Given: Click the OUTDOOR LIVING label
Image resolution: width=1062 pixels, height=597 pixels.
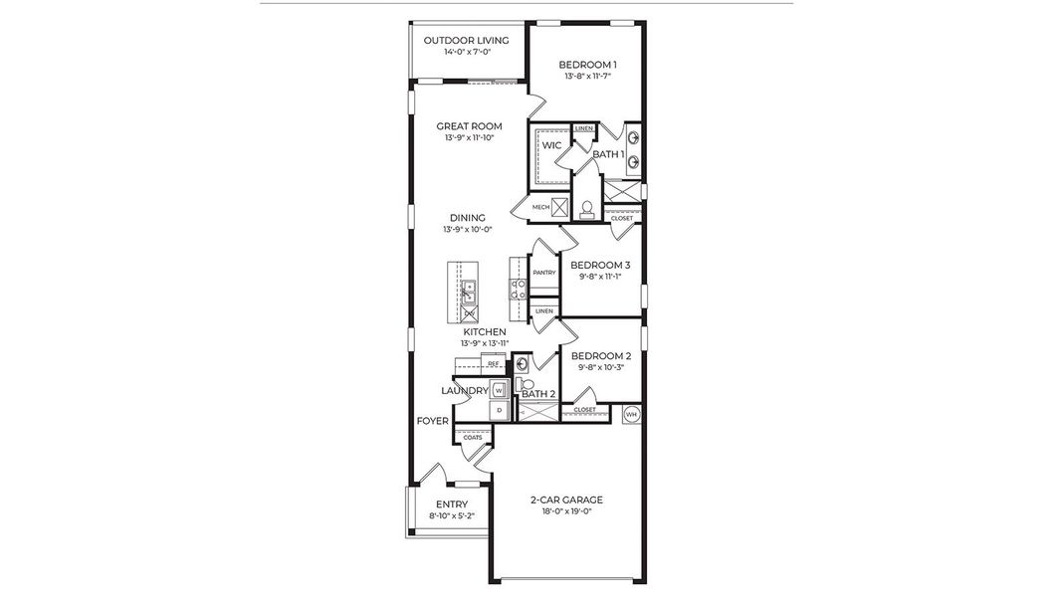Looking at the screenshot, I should pos(466,41).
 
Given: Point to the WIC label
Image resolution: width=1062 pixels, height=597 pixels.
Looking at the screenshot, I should pos(551,145).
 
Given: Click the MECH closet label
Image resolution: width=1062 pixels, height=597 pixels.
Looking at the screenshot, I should pos(540,207).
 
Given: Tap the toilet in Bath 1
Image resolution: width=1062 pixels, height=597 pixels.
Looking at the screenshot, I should pos(587,208).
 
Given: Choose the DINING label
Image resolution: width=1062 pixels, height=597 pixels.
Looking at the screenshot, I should pos(467,218).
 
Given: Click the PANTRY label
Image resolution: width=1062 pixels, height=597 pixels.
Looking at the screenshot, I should pos(543,272).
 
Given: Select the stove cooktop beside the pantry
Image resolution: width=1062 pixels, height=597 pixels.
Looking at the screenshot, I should pos(519,289).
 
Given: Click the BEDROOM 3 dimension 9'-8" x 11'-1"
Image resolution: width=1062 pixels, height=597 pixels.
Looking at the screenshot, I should pos(600,277).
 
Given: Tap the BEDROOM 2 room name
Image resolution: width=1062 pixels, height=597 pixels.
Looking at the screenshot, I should pos(600,355).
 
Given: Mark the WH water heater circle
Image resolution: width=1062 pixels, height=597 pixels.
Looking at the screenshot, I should pos(631,413).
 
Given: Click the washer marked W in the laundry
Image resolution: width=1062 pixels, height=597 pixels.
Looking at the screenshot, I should pos(499,390).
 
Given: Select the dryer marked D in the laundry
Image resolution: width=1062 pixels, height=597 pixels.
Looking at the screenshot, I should pos(499,411).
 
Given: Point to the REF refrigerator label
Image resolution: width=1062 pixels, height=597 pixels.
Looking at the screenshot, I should pos(493,364).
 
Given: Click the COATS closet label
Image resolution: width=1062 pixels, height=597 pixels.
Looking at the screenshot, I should pos(473,437).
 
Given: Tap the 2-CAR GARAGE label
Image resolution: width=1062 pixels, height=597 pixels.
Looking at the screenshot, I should pos(567,499).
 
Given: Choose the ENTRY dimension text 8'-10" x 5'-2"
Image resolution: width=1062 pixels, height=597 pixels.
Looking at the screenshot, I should pos(451,516).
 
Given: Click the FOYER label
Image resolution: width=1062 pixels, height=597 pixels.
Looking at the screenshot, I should pos(432,421).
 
